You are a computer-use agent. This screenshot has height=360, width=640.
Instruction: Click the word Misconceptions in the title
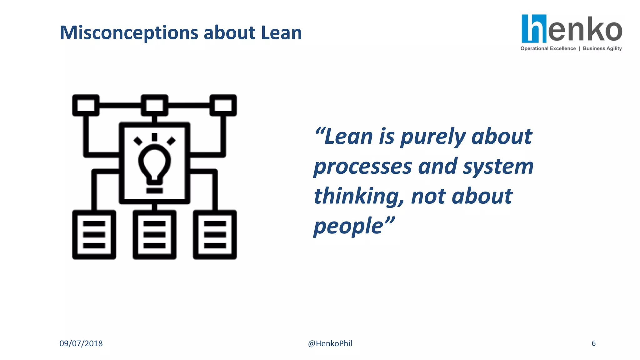click(x=129, y=33)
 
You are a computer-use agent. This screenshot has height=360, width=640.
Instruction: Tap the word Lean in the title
click(x=281, y=32)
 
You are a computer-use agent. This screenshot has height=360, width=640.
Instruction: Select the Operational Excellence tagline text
click(x=548, y=48)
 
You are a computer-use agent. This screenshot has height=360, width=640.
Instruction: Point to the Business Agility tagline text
click(x=602, y=48)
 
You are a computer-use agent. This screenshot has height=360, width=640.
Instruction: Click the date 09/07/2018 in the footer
click(x=81, y=343)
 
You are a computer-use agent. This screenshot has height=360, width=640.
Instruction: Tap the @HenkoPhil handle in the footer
click(x=330, y=343)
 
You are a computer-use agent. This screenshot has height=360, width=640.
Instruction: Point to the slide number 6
click(x=593, y=343)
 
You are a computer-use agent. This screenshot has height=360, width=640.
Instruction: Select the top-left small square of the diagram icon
click(x=86, y=105)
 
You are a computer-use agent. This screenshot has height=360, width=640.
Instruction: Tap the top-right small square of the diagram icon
click(x=223, y=105)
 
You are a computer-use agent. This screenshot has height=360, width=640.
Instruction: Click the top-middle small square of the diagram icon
click(x=154, y=105)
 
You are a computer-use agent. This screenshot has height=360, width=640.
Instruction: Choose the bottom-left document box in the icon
click(x=94, y=235)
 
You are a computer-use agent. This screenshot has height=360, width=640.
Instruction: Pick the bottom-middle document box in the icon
click(x=154, y=235)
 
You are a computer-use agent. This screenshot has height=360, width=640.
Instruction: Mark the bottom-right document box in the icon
click(x=215, y=235)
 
